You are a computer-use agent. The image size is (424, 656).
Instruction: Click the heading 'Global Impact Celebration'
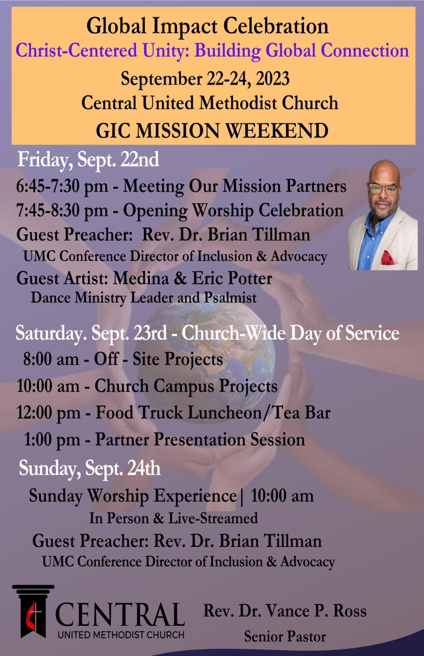tap(208, 27)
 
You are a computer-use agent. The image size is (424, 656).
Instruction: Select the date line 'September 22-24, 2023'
tap(205, 79)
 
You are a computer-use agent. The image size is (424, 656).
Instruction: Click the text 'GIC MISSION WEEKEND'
tap(212, 131)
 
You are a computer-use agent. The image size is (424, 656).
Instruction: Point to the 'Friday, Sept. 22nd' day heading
tap(88, 160)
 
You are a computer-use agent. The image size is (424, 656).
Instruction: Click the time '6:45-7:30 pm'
tap(62, 187)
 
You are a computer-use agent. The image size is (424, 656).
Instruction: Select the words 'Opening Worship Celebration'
tap(233, 210)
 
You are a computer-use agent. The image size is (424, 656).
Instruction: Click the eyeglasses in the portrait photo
tap(383, 189)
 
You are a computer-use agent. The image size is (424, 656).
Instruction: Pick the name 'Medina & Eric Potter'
tap(193, 278)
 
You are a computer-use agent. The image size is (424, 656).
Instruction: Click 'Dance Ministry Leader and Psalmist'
tap(144, 298)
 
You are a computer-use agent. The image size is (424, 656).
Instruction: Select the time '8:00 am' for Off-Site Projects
tap(51, 359)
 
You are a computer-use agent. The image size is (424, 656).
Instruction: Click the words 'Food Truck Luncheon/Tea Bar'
tap(213, 413)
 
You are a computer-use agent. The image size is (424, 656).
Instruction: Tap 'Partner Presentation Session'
tap(200, 439)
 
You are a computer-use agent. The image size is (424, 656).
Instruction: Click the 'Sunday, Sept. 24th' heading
tap(89, 468)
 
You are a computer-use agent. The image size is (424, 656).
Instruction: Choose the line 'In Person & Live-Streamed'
tap(173, 518)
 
